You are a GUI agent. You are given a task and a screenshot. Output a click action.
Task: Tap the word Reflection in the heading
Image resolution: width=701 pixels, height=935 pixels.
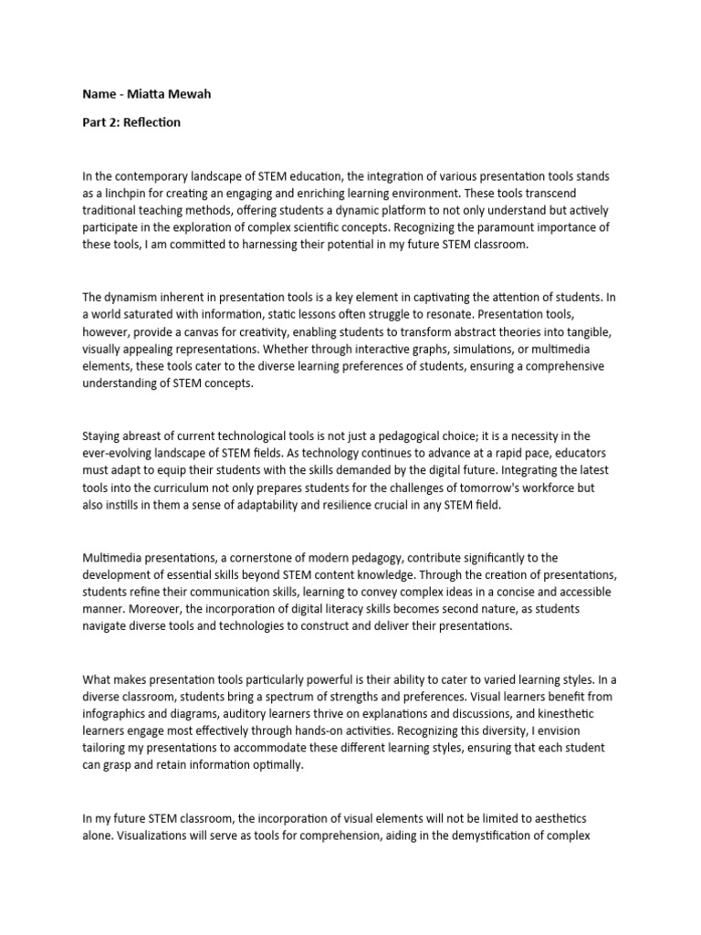(x=152, y=122)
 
